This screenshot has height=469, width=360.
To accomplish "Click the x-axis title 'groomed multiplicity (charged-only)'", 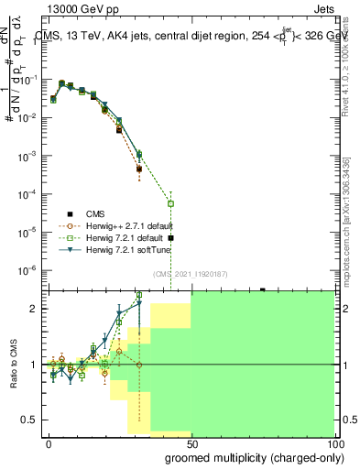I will tap(242, 457).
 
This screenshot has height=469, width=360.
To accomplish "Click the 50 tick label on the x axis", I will tap(191, 443).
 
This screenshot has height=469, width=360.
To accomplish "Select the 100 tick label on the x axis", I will tap(332, 443).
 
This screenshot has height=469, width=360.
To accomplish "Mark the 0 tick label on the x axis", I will tap(49, 443).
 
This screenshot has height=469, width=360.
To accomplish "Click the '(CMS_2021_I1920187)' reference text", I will tap(190, 274).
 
